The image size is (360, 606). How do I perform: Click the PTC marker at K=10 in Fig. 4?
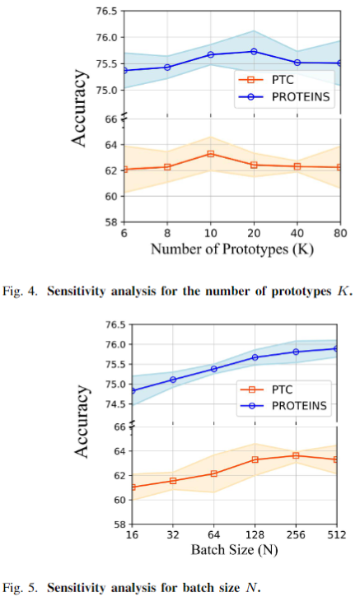(x=210, y=154)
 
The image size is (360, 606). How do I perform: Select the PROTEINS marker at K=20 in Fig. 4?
(x=254, y=51)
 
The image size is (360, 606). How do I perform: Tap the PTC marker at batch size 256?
(x=296, y=455)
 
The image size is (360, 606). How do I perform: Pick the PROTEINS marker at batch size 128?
(x=255, y=357)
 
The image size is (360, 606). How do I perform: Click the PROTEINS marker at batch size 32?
(x=173, y=380)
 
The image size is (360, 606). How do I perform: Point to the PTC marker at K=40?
(x=297, y=166)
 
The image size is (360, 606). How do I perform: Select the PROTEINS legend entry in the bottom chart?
(x=284, y=405)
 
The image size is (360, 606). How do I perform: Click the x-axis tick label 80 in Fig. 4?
(x=340, y=233)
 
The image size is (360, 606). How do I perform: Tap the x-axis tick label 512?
(x=337, y=535)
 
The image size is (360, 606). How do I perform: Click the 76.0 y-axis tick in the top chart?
(x=106, y=37)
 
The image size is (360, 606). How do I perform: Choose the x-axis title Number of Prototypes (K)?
(x=232, y=249)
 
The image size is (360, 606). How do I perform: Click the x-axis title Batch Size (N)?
(x=234, y=549)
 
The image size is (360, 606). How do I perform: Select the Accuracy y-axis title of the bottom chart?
(x=82, y=422)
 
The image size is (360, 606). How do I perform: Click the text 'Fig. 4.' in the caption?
(x=20, y=291)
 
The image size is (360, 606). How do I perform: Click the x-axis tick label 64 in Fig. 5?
(x=214, y=535)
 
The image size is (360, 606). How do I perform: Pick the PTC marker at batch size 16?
(x=133, y=487)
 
